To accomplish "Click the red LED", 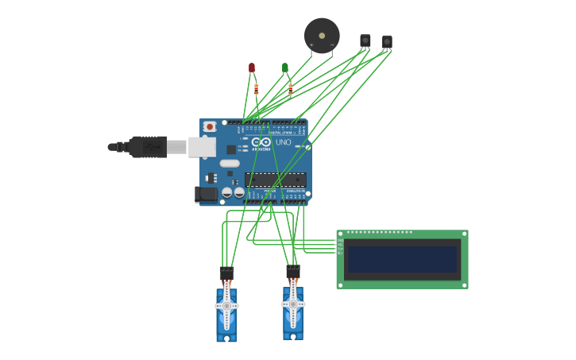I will (252, 68).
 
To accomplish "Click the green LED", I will (285, 68).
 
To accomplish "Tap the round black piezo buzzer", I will (322, 35).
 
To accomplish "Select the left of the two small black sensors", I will (365, 40).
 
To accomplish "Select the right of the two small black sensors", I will (387, 41).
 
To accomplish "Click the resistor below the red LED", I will (256, 89).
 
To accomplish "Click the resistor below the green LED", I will (290, 88).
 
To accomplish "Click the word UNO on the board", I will (283, 142).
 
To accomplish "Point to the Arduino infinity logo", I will (261, 141).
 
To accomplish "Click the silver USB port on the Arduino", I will (202, 146).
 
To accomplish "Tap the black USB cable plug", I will (147, 147).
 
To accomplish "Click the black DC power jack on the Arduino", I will (207, 193).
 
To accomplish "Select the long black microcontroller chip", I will (275, 180).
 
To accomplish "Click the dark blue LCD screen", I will (402, 258).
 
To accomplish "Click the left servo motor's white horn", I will (226, 305).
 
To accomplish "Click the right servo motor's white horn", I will (293, 304).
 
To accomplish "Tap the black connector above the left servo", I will (226, 273).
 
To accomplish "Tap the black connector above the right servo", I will (293, 272).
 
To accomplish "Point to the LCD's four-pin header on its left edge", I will (340, 247).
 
